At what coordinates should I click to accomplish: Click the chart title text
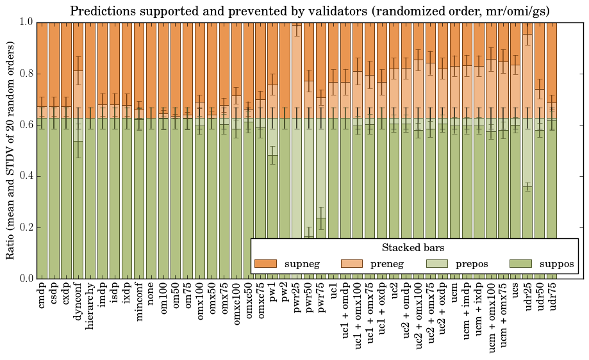(310, 11)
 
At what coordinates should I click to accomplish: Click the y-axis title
(11, 151)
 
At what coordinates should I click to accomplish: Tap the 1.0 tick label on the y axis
(24, 22)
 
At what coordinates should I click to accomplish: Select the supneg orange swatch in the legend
(265, 263)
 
